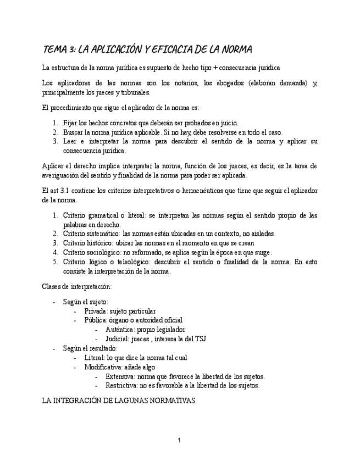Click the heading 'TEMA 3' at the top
pyautogui.click(x=59, y=50)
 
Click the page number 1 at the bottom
pyautogui.click(x=179, y=440)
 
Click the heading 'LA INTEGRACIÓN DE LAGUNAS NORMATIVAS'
pyautogui.click(x=119, y=401)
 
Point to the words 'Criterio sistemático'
pyautogui.click(x=91, y=234)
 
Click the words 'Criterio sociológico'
pyautogui.click(x=92, y=252)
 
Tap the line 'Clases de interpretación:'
pyautogui.click(x=77, y=286)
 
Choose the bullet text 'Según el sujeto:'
pyautogui.click(x=86, y=302)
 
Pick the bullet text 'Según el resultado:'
pyautogui.click(x=90, y=348)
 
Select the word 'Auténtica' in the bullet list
pyautogui.click(x=119, y=330)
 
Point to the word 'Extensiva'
pyautogui.click(x=120, y=376)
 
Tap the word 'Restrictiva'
pyautogui.click(x=122, y=386)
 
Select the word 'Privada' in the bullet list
pyautogui.click(x=96, y=311)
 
